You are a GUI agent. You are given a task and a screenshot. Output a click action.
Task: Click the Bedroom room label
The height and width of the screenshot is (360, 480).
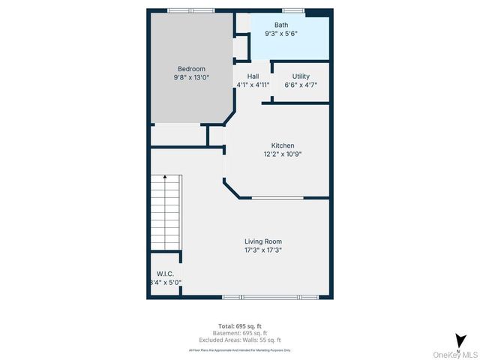pos(191,69)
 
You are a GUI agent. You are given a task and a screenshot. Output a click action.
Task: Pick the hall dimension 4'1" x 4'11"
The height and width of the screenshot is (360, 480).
pos(253,85)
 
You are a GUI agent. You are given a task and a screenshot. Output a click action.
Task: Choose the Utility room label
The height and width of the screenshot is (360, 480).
pos(301,76)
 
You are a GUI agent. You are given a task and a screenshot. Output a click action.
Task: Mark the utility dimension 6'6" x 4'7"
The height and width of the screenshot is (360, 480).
pos(301,85)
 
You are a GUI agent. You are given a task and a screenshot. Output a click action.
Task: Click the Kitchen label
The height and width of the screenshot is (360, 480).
pos(283,145)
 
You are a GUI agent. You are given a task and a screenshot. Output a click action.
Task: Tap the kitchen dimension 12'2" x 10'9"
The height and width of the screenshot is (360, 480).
pos(283,154)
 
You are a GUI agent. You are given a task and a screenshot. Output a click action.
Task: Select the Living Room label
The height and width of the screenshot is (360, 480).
pos(263,241)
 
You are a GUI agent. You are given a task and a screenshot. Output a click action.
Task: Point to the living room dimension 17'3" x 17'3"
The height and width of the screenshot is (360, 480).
pos(263,250)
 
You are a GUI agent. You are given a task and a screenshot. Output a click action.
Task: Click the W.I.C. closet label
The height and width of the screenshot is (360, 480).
pos(164,274)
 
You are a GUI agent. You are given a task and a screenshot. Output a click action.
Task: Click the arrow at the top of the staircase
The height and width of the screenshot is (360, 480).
pos(165,177)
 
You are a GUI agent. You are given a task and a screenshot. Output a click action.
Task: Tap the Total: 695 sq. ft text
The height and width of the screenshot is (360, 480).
pos(239,325)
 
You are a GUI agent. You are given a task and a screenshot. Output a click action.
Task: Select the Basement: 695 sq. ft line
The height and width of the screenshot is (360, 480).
pos(239,333)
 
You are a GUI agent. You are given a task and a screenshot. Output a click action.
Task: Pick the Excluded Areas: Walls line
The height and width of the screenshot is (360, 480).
pos(239,340)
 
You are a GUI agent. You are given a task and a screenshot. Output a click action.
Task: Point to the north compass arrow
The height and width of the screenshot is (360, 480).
pos(459,340)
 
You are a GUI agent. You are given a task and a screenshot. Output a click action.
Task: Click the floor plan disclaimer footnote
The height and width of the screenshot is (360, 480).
pos(239,350)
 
